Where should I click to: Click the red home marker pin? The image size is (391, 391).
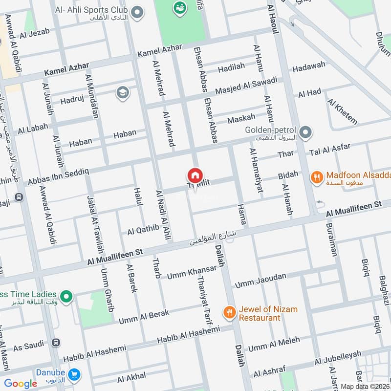[x=195, y=174]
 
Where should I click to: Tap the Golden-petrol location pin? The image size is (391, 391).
[x=306, y=132]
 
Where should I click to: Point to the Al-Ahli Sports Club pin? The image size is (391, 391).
[x=138, y=11]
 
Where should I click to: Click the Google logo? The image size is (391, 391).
[x=21, y=384]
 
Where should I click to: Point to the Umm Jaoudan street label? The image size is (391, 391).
[x=261, y=280]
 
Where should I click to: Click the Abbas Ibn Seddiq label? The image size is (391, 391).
[x=58, y=174]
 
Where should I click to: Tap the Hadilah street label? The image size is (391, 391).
[x=231, y=69]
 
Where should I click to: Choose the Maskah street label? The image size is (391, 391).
[x=241, y=118]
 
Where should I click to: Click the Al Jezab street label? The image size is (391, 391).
[x=35, y=34]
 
